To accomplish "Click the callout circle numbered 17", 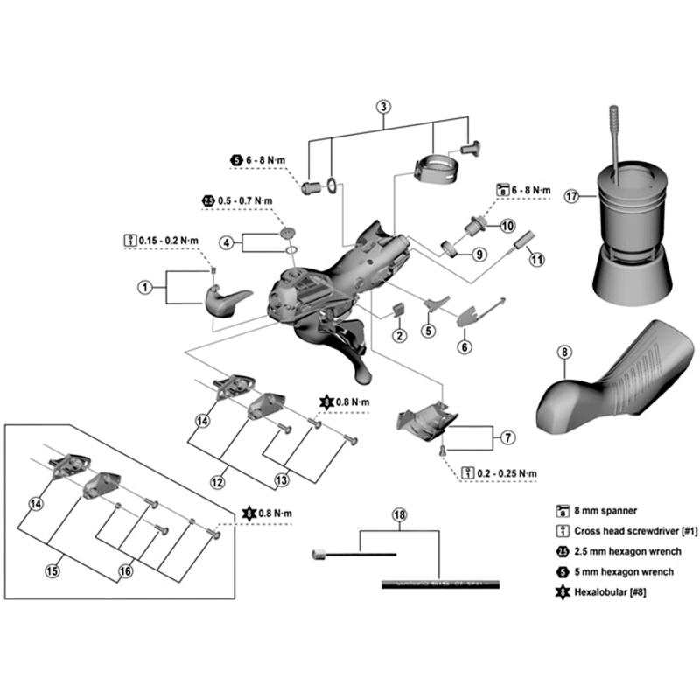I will click(571, 197).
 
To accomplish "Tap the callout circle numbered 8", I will click(563, 353).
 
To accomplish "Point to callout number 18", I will click(400, 515).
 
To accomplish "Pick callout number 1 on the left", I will click(145, 286).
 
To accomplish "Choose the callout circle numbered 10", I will click(507, 225).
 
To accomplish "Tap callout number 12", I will click(220, 480).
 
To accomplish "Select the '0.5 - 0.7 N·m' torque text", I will click(246, 200).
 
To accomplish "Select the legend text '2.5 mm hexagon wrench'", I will click(628, 552).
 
